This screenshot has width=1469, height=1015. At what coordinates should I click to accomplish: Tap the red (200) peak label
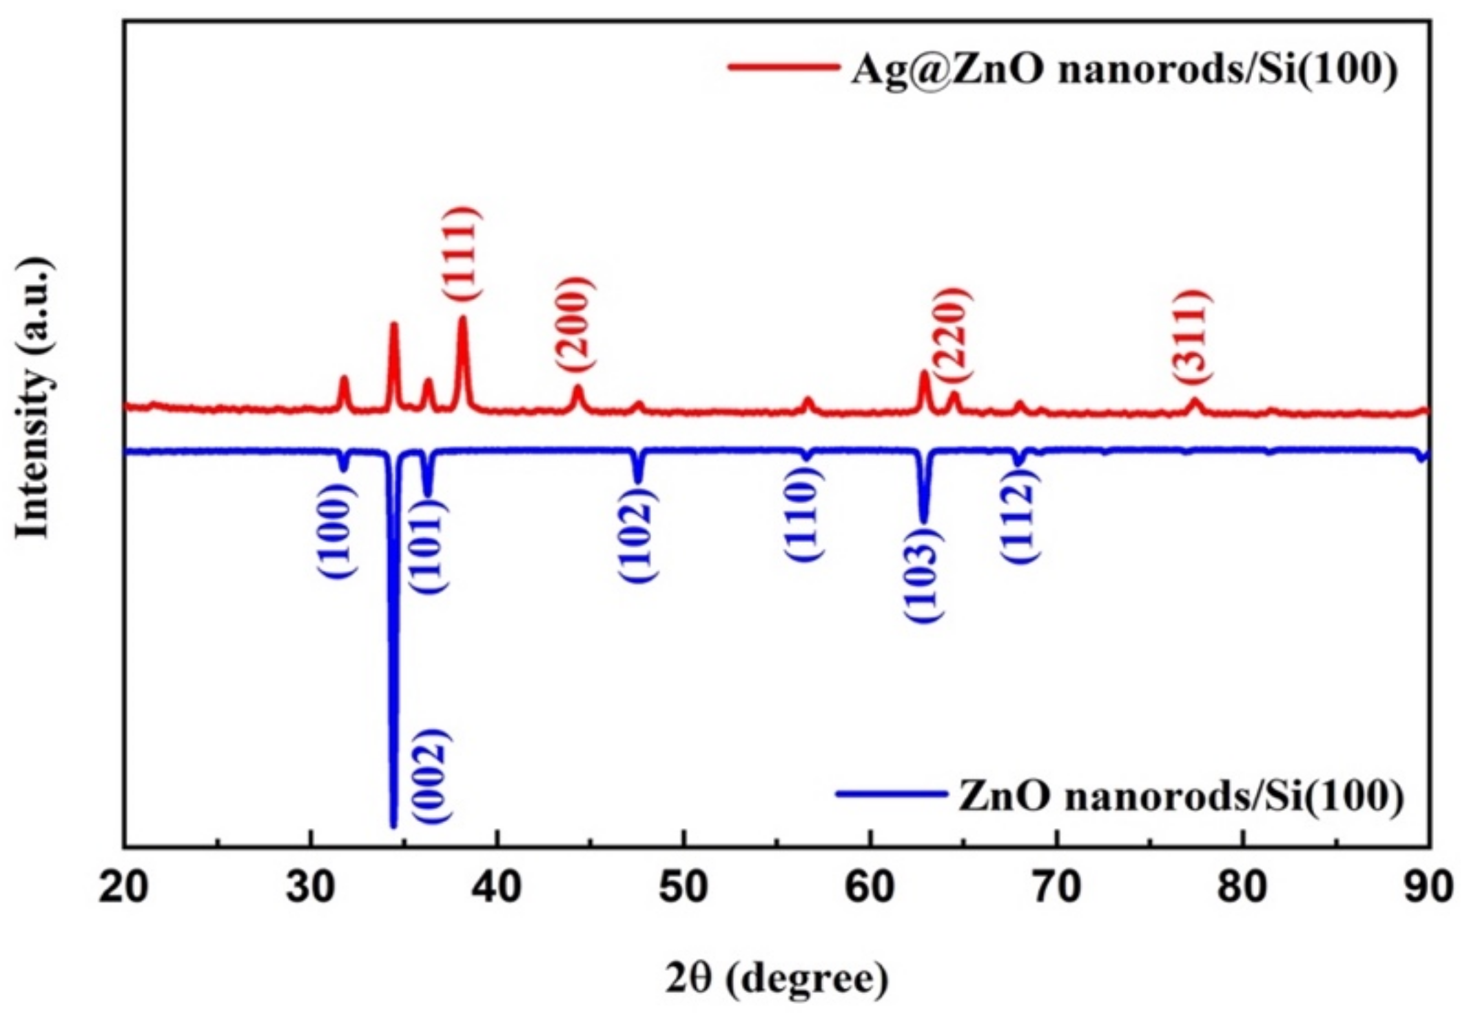pyautogui.click(x=574, y=325)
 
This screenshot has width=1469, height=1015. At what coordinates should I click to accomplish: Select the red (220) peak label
pyautogui.click(x=954, y=334)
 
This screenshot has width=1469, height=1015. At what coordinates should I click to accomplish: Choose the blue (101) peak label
pyautogui.click(x=429, y=546)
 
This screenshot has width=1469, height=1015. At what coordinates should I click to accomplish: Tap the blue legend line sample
pyautogui.click(x=890, y=794)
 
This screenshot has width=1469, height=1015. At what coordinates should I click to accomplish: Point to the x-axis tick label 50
pyautogui.click(x=684, y=887)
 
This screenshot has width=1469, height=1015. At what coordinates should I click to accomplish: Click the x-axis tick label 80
pyautogui.click(x=1242, y=887)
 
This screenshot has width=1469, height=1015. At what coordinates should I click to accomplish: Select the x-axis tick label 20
pyautogui.click(x=124, y=887)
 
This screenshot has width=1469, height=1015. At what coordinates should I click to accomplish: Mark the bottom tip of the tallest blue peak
pyautogui.click(x=393, y=825)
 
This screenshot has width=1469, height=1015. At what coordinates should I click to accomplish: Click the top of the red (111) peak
pyautogui.click(x=462, y=318)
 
